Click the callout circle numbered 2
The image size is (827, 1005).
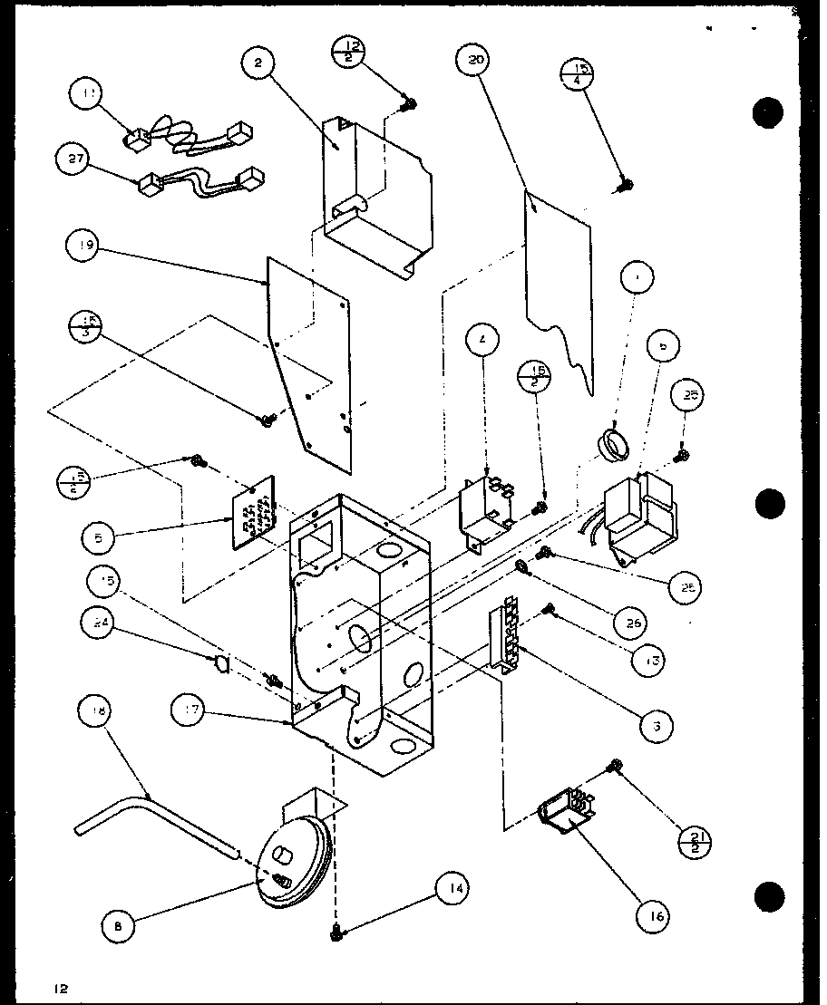tap(258, 63)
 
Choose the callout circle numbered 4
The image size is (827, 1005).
tap(483, 342)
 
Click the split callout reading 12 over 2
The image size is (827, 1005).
tap(349, 53)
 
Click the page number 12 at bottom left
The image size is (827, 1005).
tap(60, 988)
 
